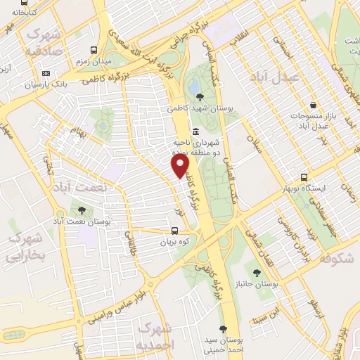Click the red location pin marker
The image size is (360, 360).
pos(181,166)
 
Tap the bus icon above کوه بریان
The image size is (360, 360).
pos(175,230)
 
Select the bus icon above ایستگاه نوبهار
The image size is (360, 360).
pos(304,177)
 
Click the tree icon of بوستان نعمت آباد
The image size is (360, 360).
pos(82,210)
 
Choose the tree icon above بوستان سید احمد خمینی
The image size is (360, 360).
pos(223,329)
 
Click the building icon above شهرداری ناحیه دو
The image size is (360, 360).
pos(195,132)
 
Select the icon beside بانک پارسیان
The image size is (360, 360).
pos(46,73)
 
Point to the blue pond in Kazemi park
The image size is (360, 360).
pos(194,86)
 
